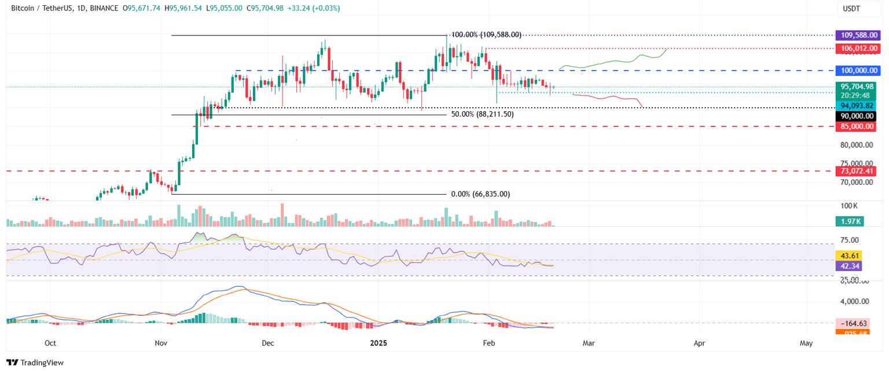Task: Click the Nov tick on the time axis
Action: point(161,343)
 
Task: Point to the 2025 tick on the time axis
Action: point(380,343)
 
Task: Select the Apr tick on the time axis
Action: point(699,343)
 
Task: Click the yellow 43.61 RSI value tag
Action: point(848,255)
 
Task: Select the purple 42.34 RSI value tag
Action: point(848,266)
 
